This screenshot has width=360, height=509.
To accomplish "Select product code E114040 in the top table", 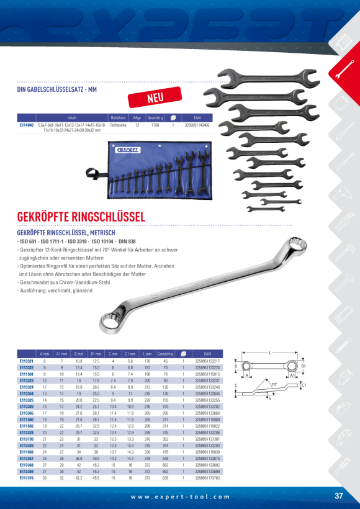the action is tap(27, 125).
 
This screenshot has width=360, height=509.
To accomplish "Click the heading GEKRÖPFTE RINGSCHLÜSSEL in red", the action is tap(81, 217).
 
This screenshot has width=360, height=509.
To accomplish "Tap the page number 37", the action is tap(338, 496).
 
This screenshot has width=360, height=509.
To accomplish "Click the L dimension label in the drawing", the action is tap(271, 351).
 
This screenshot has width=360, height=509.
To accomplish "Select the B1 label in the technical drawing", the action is tap(304, 366).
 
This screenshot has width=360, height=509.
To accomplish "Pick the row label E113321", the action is tap(27, 361).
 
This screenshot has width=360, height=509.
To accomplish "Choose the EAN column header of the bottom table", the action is tap(207, 354).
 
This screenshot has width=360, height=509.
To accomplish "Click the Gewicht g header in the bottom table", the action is tap(166, 354).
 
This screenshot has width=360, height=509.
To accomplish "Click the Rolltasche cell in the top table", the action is tap(118, 125).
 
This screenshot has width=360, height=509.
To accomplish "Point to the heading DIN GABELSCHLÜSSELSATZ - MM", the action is tap(57, 91).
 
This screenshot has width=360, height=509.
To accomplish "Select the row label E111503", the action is tap(27, 453).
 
